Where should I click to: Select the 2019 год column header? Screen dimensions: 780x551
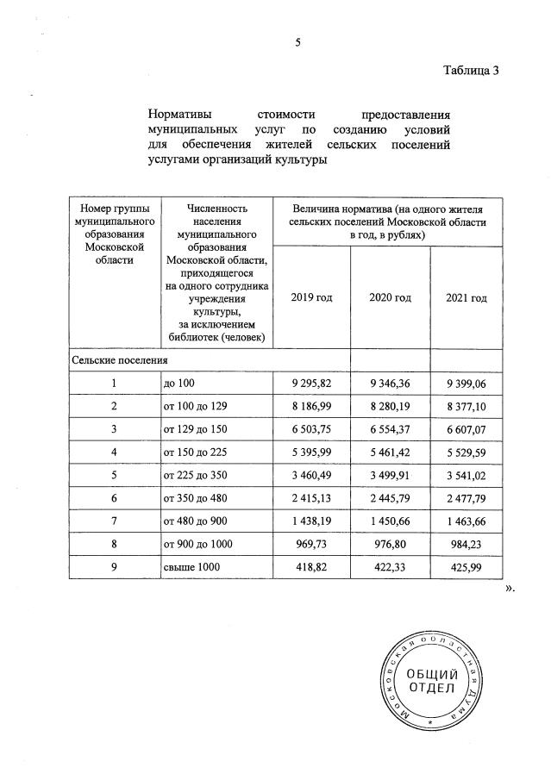click(x=311, y=297)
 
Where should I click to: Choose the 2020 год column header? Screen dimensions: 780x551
click(x=390, y=297)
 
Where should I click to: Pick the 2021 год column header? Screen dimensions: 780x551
click(x=466, y=297)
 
